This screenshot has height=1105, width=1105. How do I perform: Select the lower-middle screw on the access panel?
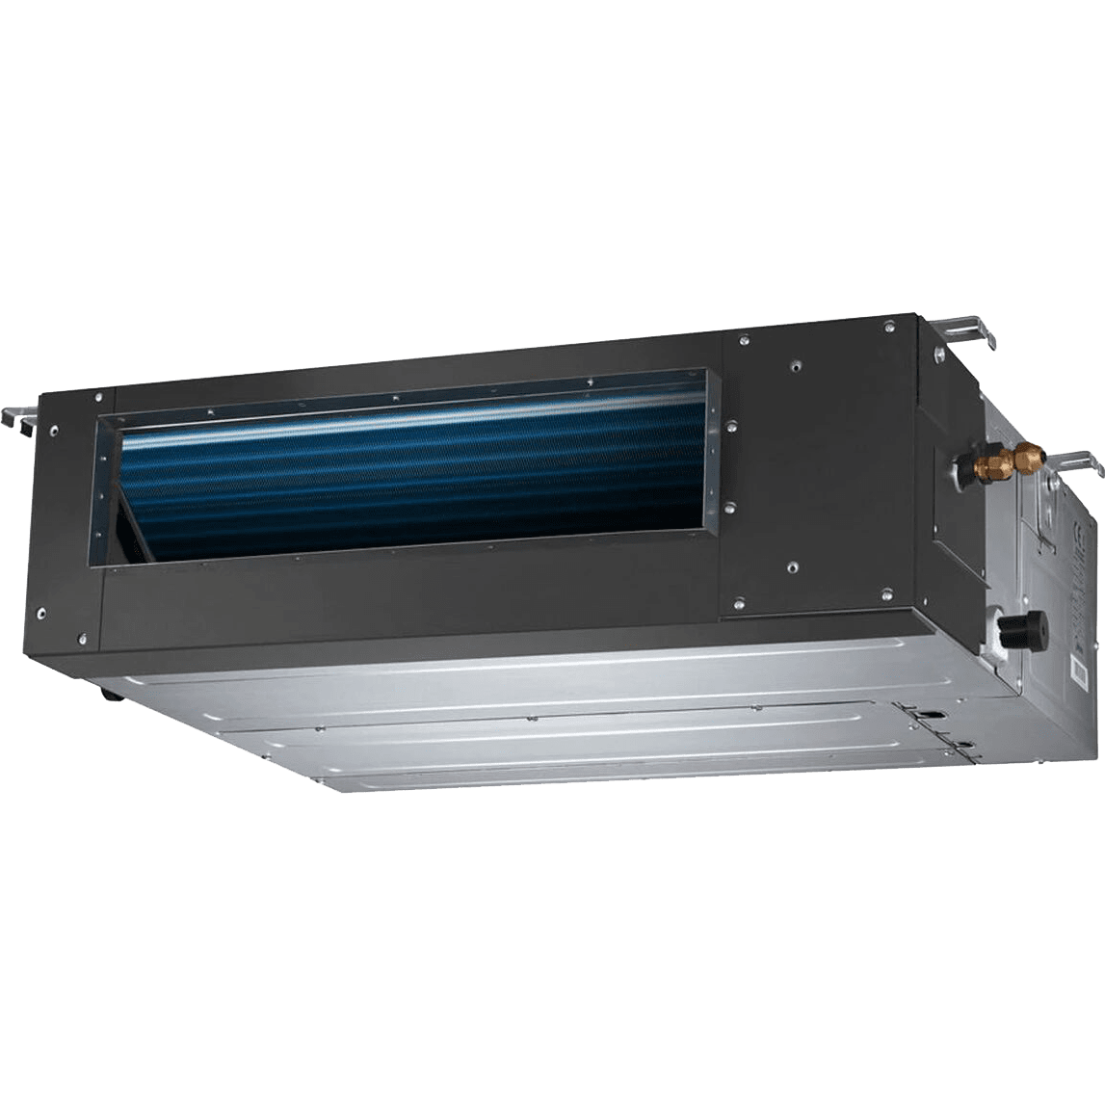790,566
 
